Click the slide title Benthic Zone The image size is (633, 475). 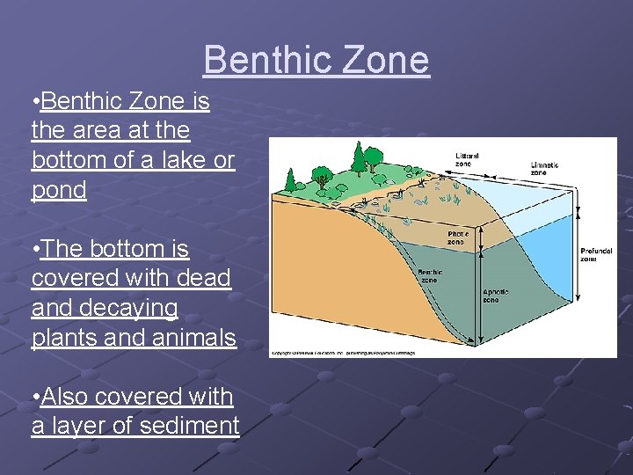(316, 60)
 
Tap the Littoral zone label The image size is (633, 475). (467, 159)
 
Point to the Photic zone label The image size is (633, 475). (458, 237)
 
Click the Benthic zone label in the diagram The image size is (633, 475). (430, 276)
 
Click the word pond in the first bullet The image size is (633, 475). (59, 190)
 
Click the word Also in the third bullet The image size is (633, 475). (64, 397)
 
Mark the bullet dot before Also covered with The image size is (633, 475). (34, 398)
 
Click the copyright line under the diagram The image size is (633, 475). (342, 353)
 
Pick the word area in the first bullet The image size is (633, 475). (97, 131)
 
